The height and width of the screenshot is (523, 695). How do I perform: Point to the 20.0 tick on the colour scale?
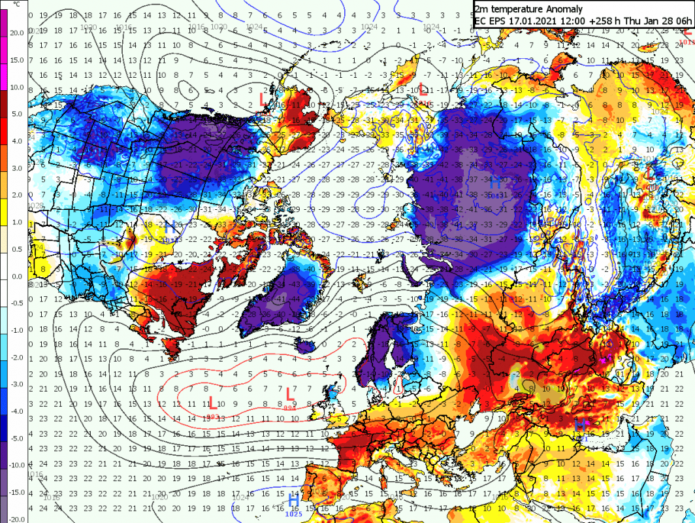point(17,33)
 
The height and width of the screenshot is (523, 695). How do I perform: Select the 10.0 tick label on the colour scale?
point(17,87)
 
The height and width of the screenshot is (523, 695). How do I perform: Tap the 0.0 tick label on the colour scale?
point(16,276)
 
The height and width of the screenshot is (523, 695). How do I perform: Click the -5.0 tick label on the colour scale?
point(16,438)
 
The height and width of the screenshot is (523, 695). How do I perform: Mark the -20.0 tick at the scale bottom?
point(16,519)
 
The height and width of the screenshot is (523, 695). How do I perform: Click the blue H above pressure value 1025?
point(294,501)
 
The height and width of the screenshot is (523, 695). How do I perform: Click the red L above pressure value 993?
point(212,403)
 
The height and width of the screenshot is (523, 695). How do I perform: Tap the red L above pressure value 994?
point(289,394)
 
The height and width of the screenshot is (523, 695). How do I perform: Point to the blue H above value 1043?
point(495,183)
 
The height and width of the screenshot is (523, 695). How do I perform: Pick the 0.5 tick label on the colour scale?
point(17,248)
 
